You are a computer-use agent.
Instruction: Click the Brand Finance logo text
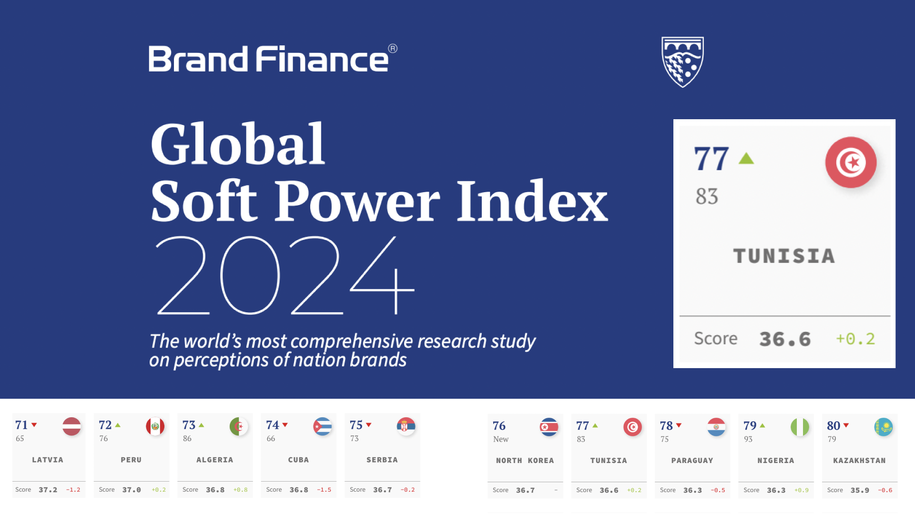point(273,59)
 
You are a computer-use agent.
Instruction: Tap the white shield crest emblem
point(682,62)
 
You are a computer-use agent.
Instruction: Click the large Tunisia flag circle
point(851,163)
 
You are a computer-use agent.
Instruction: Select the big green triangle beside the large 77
point(746,158)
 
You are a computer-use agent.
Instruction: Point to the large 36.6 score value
point(785,339)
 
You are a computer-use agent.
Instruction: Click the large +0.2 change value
point(855,339)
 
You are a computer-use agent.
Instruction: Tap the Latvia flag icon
point(71,426)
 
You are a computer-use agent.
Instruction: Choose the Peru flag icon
point(155,426)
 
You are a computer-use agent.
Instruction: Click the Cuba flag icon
point(323,426)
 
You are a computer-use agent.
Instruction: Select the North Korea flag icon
point(549,427)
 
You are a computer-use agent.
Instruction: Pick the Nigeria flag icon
point(800,427)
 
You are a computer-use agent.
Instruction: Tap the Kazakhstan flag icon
point(884,427)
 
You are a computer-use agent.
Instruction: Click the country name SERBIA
point(382,460)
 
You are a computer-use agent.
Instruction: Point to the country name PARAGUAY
point(692,461)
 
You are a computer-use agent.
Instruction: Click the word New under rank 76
point(501,439)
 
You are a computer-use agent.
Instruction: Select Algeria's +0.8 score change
point(241,490)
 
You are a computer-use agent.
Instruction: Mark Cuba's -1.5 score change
point(324,490)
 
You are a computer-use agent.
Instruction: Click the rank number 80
point(834,426)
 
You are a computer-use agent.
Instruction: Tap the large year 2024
point(285,275)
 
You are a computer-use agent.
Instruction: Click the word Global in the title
point(238,144)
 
